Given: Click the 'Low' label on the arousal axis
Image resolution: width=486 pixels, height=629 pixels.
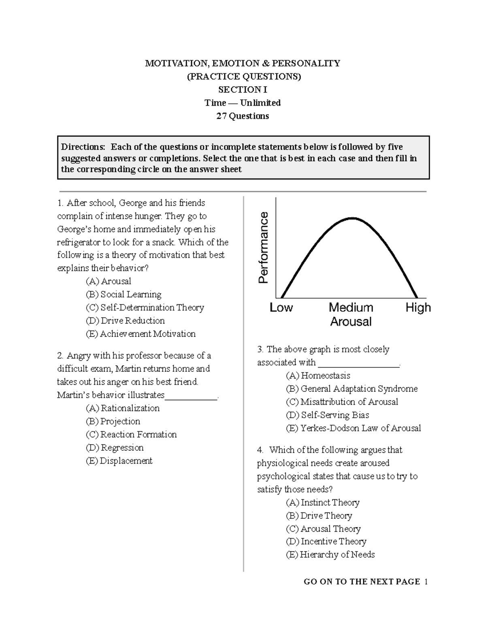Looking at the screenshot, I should click(x=281, y=307).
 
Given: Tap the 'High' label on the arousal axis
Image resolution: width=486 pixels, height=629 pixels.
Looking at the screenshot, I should click(x=418, y=307).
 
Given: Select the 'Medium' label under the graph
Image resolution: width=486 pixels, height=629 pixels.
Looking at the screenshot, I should click(x=351, y=307).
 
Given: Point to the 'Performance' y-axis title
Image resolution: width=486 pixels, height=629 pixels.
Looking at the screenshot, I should click(x=264, y=247).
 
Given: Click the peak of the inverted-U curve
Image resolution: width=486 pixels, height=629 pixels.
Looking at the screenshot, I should click(x=352, y=218).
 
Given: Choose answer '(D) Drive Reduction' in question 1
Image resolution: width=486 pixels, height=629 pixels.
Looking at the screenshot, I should click(x=125, y=321).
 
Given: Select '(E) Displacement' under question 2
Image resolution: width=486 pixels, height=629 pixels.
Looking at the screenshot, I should click(x=119, y=461).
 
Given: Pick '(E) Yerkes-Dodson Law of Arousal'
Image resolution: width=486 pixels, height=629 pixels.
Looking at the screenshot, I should click(x=353, y=428).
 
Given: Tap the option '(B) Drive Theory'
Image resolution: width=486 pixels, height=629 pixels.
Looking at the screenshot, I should click(x=319, y=516).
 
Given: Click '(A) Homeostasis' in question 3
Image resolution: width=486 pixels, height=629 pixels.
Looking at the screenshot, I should click(x=318, y=375).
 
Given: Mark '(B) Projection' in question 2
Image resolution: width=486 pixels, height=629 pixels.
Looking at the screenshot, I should click(x=113, y=421).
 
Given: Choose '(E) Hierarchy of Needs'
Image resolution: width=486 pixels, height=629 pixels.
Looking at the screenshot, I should click(x=330, y=554).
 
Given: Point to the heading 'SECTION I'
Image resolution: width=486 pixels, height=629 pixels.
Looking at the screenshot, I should click(x=243, y=90).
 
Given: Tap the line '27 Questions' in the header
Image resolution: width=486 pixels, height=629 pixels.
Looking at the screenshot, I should click(x=243, y=116).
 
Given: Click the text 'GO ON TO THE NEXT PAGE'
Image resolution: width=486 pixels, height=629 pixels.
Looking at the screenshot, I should click(x=362, y=582).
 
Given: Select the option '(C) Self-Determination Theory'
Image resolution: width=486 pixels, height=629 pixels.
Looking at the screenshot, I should click(x=145, y=307).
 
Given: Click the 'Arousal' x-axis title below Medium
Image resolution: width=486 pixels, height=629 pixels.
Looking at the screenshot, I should click(x=351, y=322).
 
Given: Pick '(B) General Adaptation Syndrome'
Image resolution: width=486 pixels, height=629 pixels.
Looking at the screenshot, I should click(x=352, y=389).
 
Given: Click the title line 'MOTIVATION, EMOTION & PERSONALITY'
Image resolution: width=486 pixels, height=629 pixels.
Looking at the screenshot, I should click(x=243, y=63).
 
